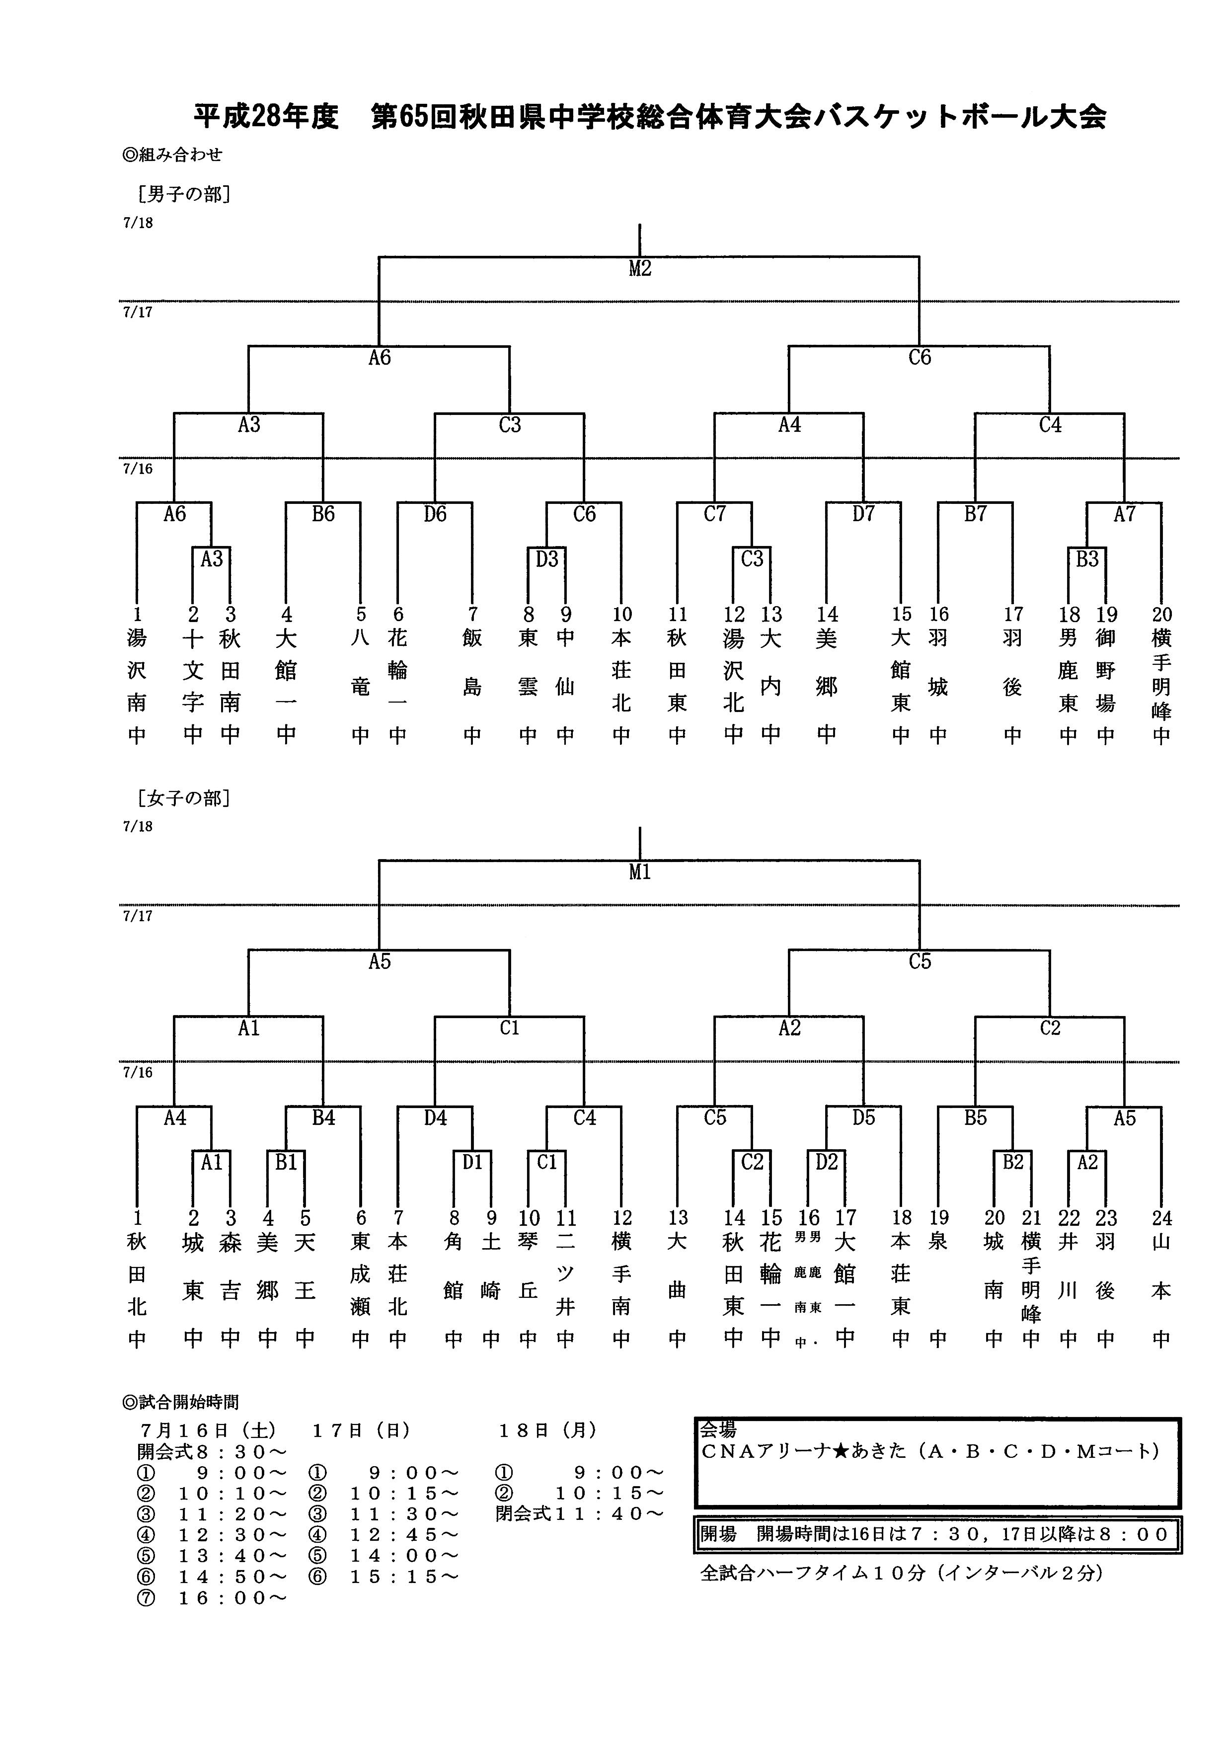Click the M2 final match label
tap(640, 269)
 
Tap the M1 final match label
tap(640, 872)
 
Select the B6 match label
tap(323, 515)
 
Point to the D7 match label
tap(863, 515)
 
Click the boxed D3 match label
tap(546, 559)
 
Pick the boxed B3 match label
tap(1087, 559)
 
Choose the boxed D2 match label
tap(826, 1163)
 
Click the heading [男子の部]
tap(184, 195)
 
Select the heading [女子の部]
tap(184, 798)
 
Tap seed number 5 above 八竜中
tap(361, 615)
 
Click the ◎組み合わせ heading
tap(173, 155)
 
